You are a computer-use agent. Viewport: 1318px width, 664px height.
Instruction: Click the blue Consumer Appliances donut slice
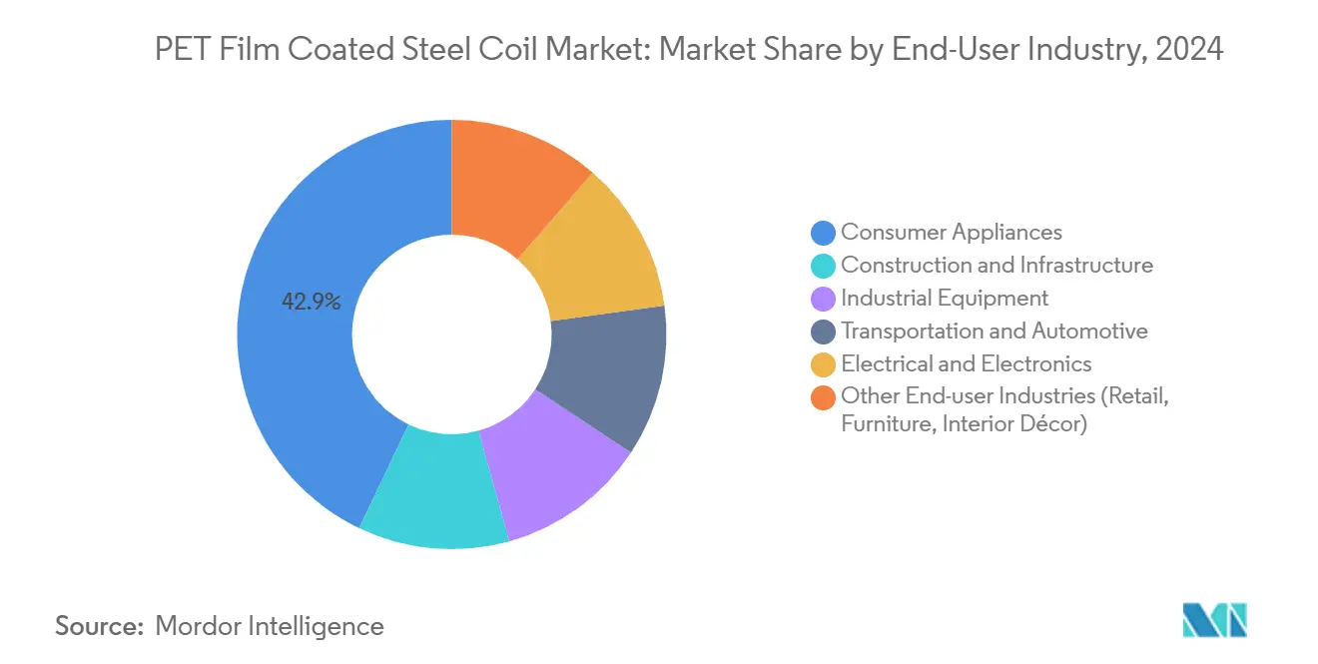coord(300,379)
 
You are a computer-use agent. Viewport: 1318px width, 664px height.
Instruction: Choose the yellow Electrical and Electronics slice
coord(599,255)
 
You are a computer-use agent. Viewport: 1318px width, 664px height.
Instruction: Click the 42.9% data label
coord(312,302)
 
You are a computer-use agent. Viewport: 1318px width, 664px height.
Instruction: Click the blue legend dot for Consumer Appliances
coord(823,233)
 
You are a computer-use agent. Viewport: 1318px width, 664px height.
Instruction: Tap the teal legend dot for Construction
coord(823,266)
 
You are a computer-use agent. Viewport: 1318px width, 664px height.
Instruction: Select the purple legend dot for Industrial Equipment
coord(823,299)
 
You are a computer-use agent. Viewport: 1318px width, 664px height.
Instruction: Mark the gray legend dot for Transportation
coord(823,332)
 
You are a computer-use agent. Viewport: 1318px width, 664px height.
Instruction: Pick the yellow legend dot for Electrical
coord(823,364)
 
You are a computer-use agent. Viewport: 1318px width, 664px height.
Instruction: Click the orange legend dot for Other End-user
coord(823,397)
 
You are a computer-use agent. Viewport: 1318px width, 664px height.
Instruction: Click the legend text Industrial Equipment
coord(945,298)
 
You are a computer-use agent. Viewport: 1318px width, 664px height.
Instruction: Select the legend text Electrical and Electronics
coord(966,363)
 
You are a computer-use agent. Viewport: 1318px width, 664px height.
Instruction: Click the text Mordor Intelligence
coord(270,626)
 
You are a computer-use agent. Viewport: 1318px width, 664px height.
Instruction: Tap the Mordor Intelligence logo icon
coord(1214,620)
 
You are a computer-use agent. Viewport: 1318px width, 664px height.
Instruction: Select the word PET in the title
coord(183,48)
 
